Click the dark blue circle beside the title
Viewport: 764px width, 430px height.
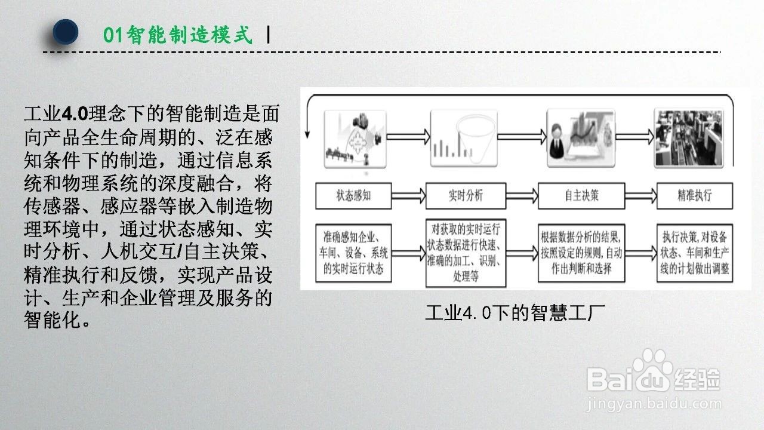pos(66,32)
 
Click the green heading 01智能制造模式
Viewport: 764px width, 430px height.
pos(178,35)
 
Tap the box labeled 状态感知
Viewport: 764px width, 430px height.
pos(354,196)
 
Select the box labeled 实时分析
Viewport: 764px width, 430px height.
pos(466,196)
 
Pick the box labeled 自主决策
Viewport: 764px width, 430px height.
pos(581,196)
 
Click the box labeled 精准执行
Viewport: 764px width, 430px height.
pos(695,196)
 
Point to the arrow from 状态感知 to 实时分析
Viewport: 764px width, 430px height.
pos(409,196)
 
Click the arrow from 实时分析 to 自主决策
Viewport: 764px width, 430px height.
pos(522,196)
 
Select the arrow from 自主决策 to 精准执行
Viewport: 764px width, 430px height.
pos(640,196)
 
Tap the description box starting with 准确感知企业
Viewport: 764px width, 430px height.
pos(354,253)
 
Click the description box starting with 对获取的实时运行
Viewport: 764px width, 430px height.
pos(466,253)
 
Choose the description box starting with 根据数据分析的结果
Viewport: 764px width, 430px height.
pos(581,253)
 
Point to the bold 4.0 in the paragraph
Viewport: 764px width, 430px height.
pos(75,113)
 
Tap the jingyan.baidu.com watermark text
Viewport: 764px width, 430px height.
pos(654,404)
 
